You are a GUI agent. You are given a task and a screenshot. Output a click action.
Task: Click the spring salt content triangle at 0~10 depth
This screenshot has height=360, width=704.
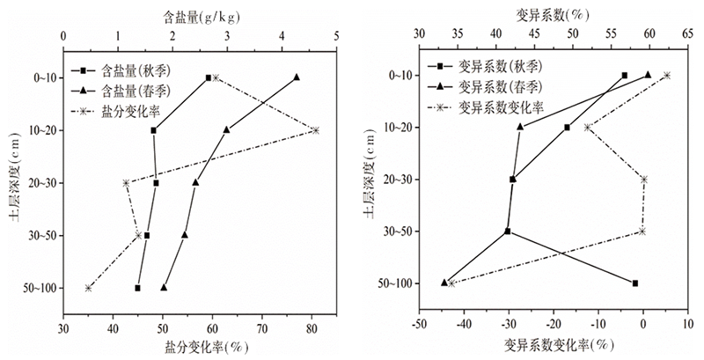click(x=297, y=77)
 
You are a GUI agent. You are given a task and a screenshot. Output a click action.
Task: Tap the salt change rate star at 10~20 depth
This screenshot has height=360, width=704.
click(x=315, y=130)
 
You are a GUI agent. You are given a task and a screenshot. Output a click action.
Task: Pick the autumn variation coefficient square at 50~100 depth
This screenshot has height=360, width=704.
click(x=634, y=283)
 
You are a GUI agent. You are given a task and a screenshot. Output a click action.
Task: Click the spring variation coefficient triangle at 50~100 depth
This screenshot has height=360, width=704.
click(x=444, y=283)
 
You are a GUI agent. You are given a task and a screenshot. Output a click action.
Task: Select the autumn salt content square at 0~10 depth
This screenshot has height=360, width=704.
click(x=209, y=77)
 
